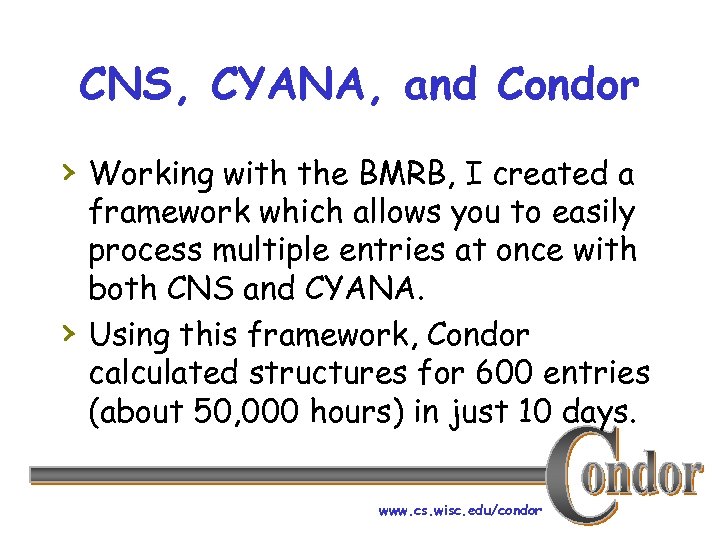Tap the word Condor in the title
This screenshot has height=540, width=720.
567,86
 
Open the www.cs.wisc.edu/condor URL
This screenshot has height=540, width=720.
460,510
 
